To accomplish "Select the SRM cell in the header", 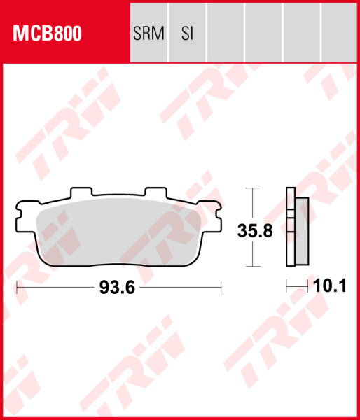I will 149,33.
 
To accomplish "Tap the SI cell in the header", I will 186,33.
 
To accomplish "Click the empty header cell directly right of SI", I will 225,33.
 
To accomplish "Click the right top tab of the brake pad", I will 154,192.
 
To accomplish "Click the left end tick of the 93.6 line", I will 16,287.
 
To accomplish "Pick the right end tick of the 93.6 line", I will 221,287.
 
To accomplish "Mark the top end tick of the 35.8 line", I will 253,188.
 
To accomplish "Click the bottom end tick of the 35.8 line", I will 253,267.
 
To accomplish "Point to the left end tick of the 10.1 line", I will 286,287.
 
